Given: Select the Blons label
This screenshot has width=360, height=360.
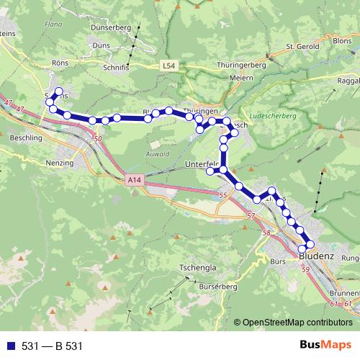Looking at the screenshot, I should tap(343, 41).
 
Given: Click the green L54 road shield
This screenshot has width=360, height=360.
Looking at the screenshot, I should tap(168, 66).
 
